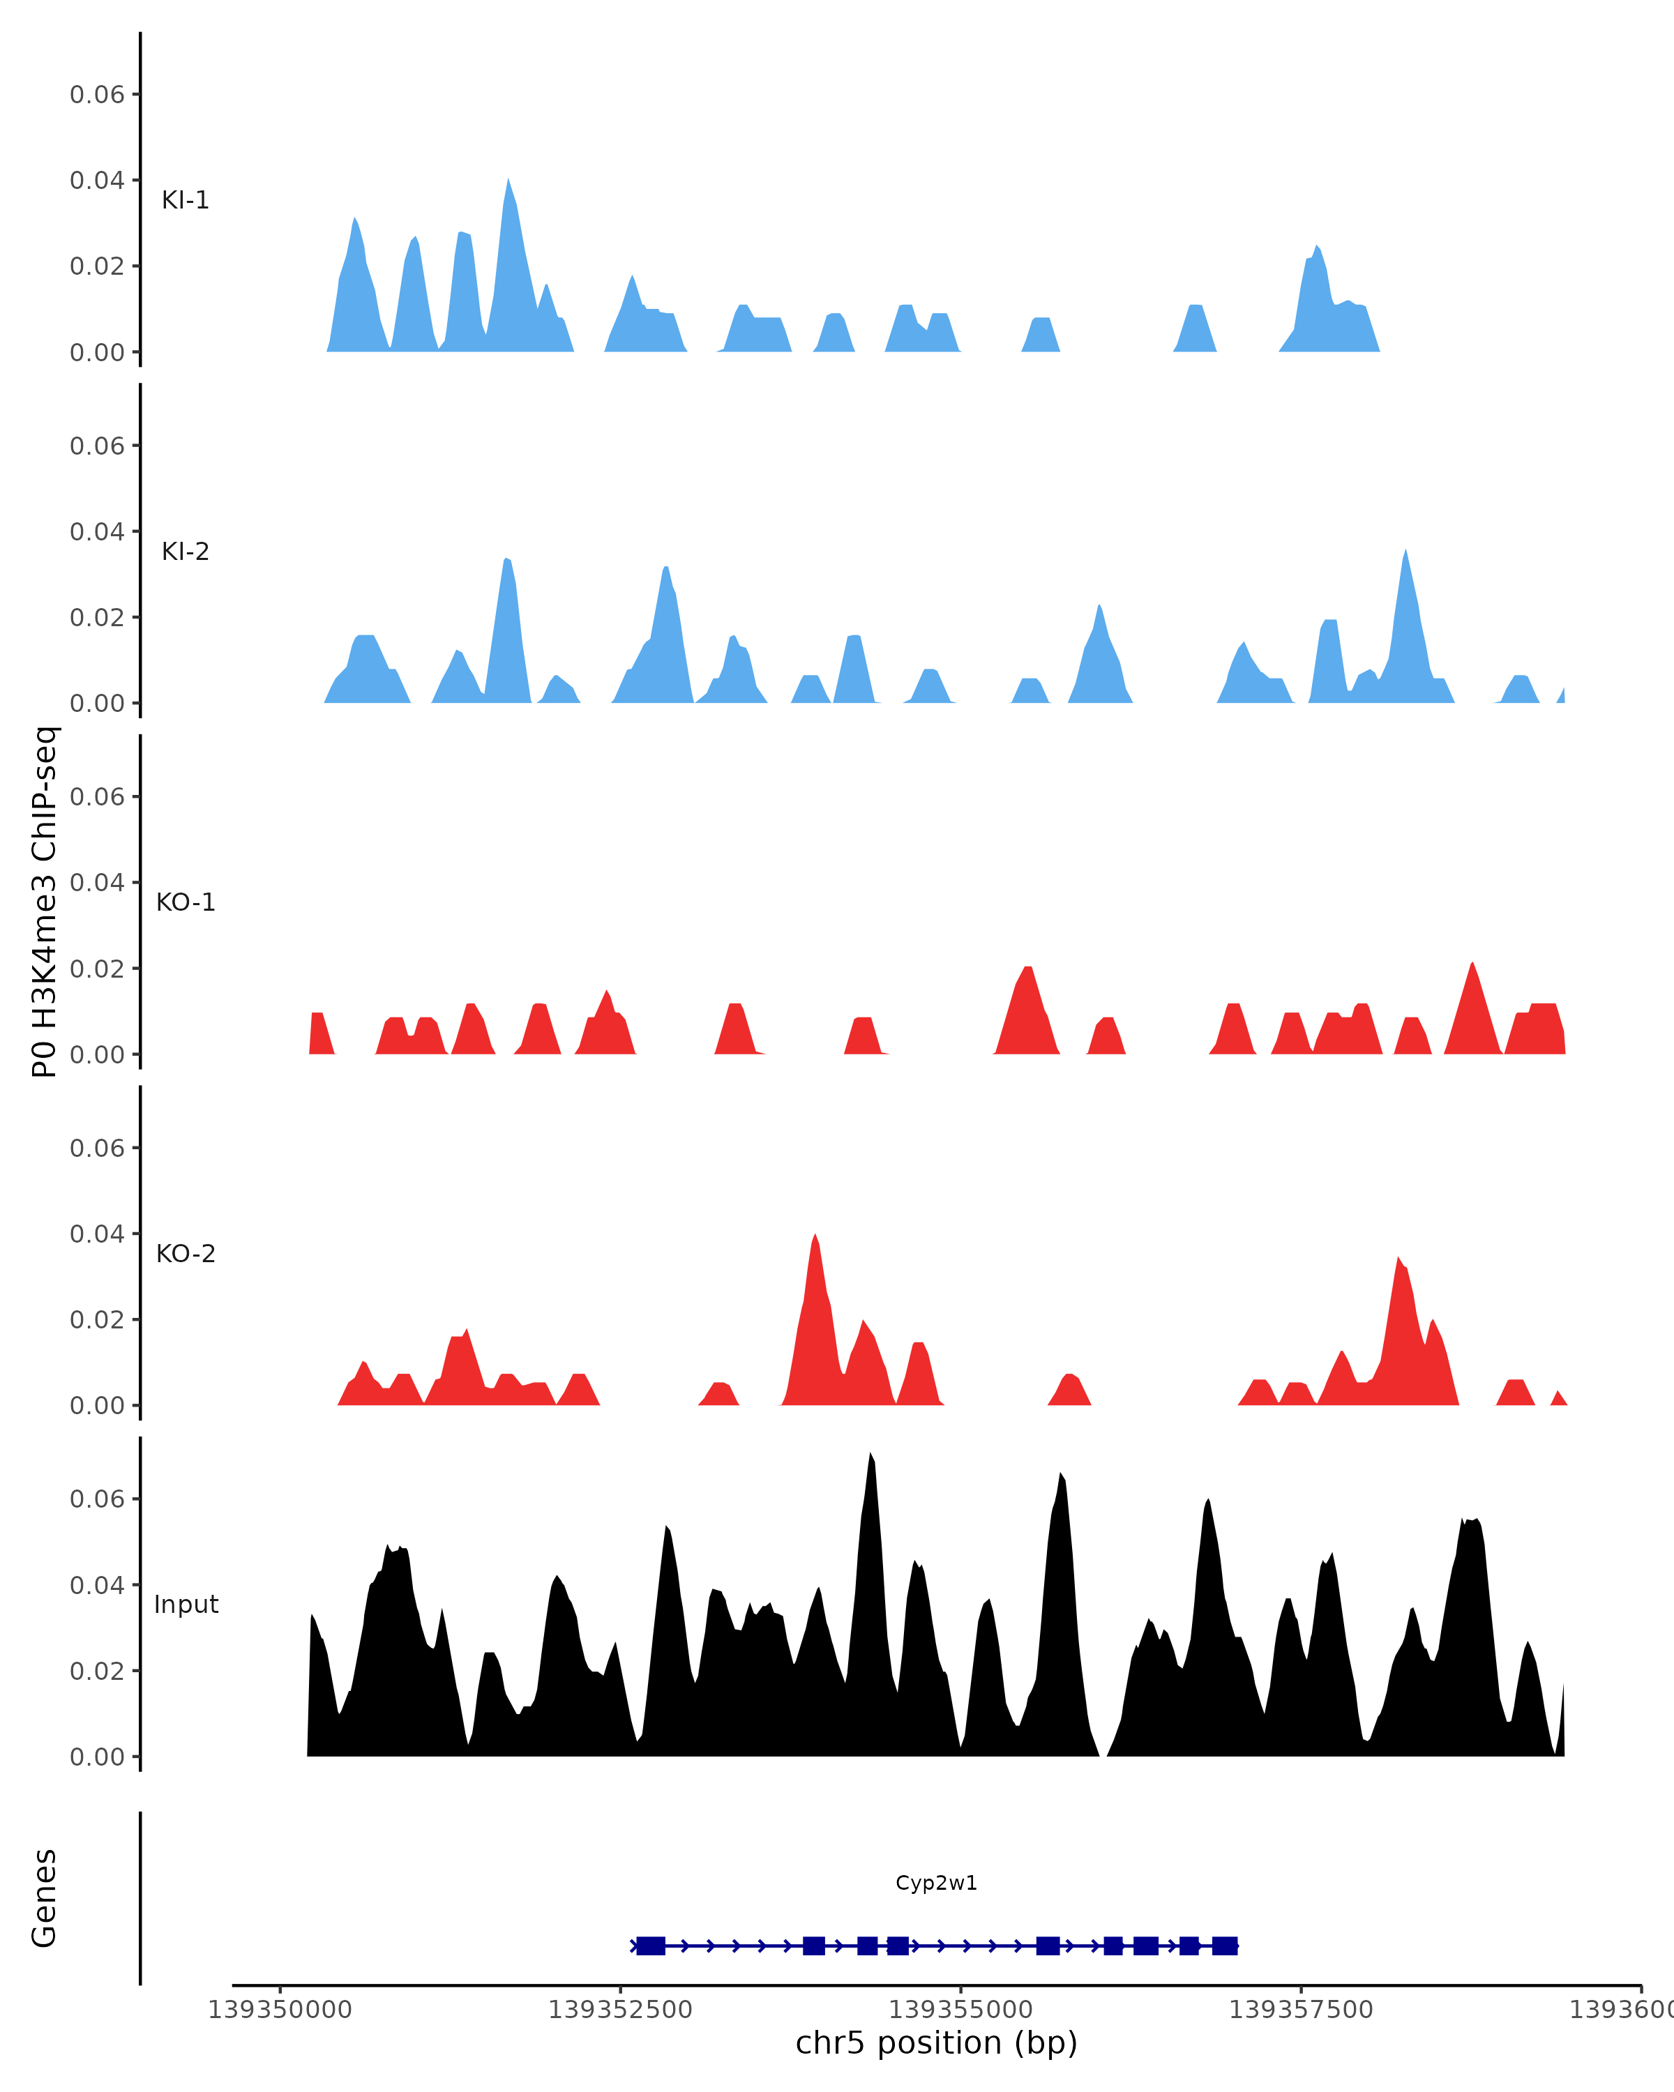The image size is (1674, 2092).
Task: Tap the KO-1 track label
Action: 186,902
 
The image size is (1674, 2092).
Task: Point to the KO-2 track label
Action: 186,1254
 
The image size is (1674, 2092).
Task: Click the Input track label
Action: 186,1605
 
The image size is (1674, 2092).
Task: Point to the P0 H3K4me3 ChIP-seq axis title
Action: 45,902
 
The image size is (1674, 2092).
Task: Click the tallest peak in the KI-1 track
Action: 508,181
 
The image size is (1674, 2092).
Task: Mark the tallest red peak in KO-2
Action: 815,1237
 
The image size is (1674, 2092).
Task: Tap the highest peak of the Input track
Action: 870,1455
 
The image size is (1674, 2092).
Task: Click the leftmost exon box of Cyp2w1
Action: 650,1946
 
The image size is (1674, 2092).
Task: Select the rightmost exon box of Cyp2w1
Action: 1225,1946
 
